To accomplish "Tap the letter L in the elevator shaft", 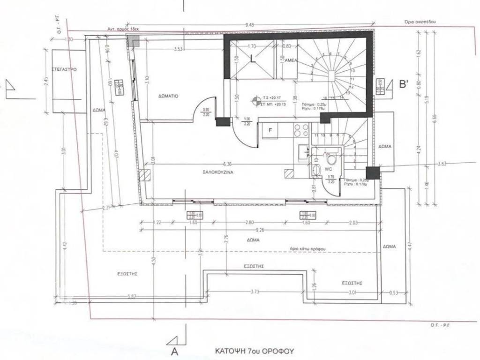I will click(253, 60).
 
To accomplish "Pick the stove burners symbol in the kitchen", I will click(300, 128).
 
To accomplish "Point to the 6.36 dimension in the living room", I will click(228, 164).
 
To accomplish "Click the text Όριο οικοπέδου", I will click(424, 22).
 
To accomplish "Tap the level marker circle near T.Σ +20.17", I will click(256, 99).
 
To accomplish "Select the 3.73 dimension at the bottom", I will click(255, 292).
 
